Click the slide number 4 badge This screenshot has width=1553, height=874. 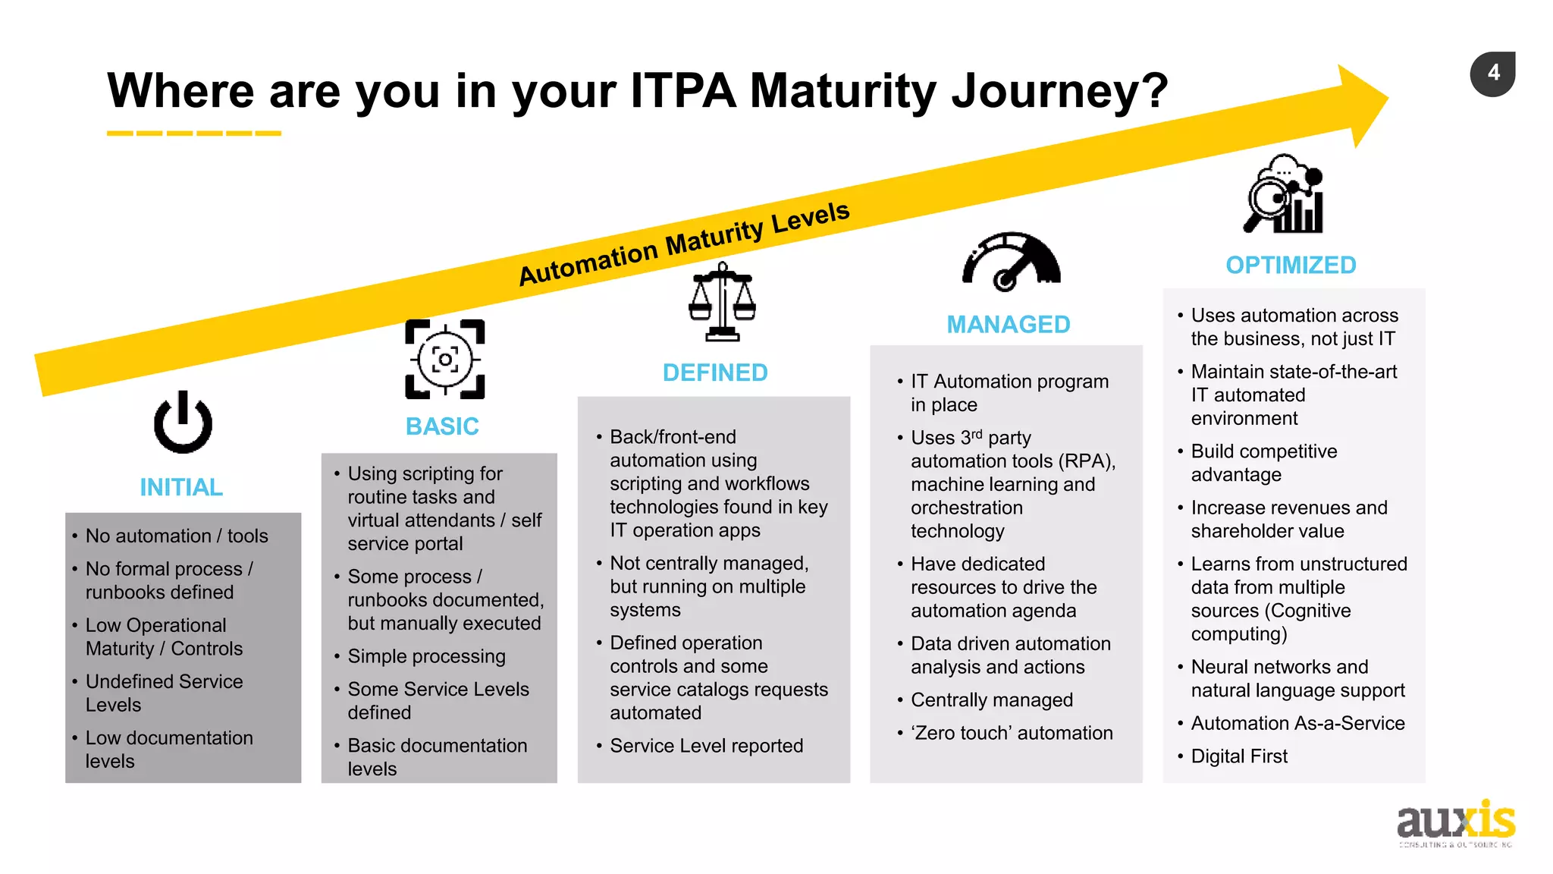(x=1492, y=74)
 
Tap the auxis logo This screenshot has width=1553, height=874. (x=1455, y=822)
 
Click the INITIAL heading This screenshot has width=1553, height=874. (x=181, y=487)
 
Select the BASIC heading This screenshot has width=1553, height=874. (x=442, y=426)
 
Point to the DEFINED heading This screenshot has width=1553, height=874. (x=715, y=373)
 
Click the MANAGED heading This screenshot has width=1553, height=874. (x=1008, y=325)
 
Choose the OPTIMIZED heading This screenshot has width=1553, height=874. (x=1291, y=266)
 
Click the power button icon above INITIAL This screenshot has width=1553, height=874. (x=183, y=423)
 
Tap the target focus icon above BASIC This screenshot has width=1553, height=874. (x=445, y=360)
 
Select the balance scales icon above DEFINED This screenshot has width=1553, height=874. (x=722, y=303)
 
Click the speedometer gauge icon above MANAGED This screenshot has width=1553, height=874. (x=1011, y=263)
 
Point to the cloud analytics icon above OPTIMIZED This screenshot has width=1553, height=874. (x=1283, y=194)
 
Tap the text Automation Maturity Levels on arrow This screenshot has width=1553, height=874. (x=684, y=243)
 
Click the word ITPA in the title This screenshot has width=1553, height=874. (x=682, y=91)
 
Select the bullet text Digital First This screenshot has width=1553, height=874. (x=1239, y=756)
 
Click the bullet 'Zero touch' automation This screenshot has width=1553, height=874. (x=1012, y=733)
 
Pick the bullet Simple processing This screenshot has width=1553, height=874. (x=426, y=656)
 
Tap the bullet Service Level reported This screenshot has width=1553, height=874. (x=706, y=746)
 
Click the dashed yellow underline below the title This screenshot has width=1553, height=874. (x=194, y=134)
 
